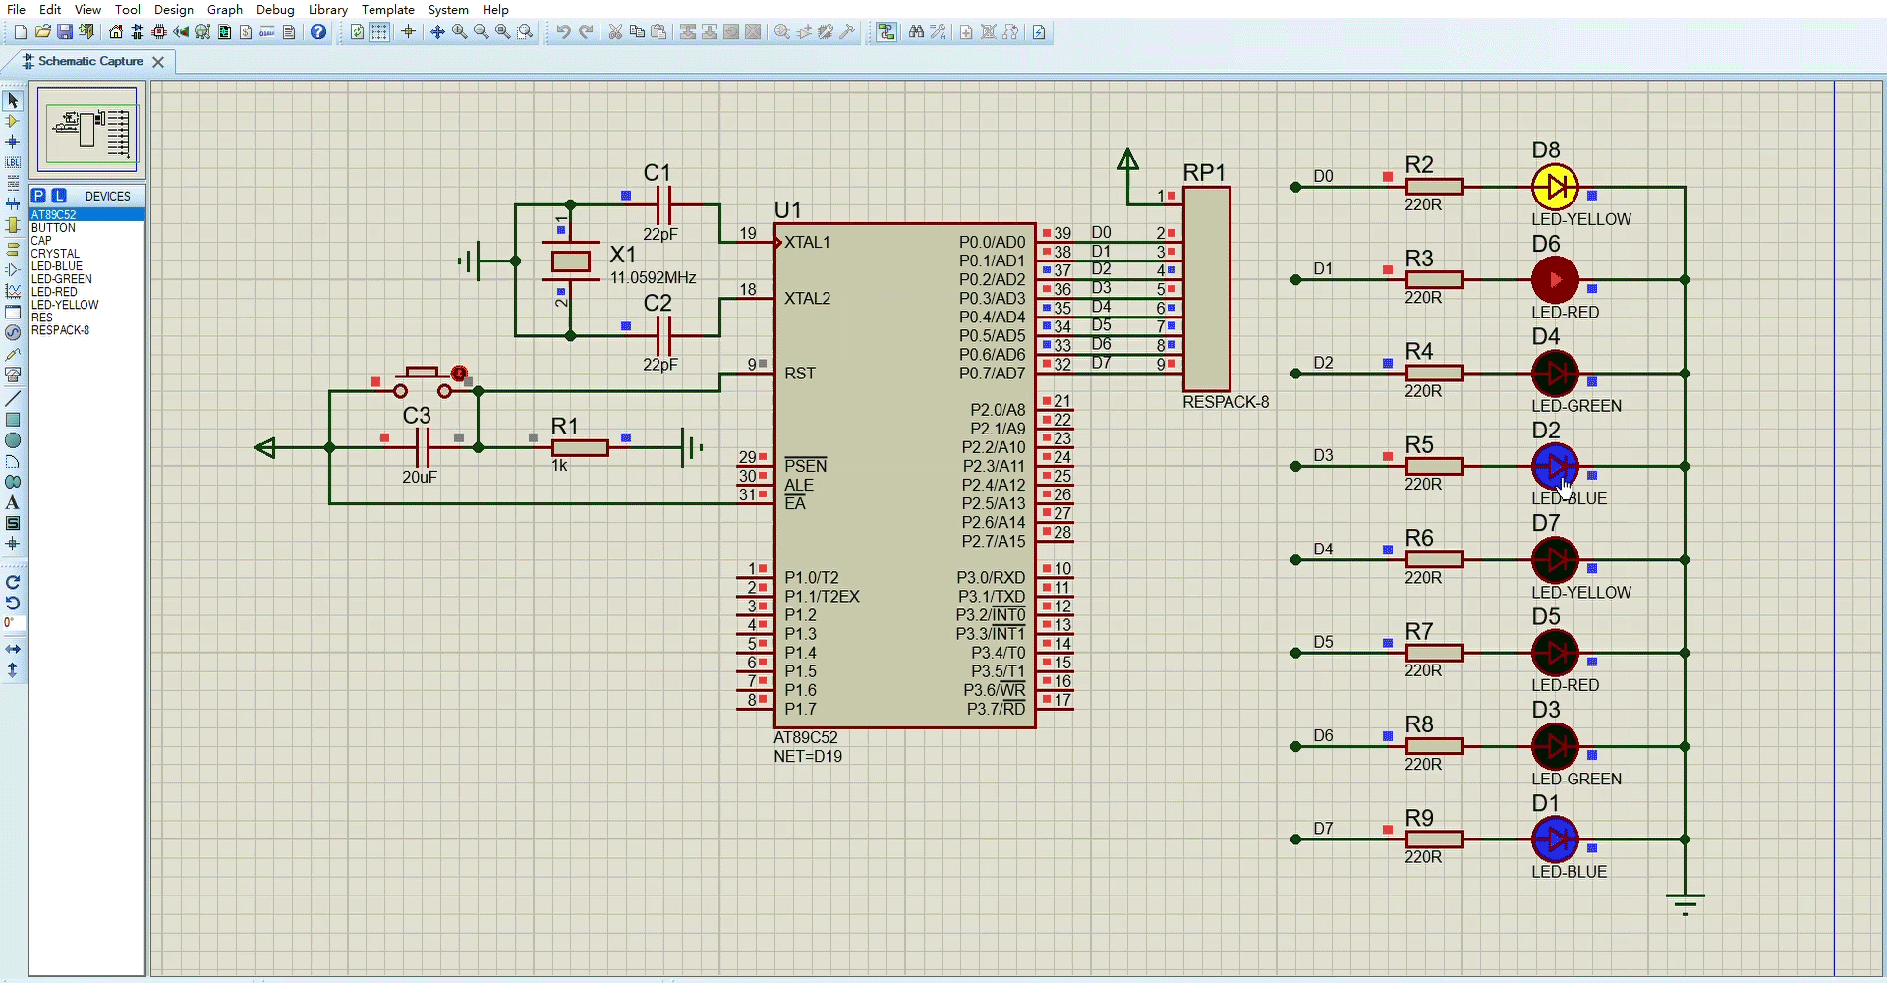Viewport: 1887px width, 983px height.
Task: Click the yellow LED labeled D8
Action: point(1555,187)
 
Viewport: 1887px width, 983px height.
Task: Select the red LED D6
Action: point(1555,280)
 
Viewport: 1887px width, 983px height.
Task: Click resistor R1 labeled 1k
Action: point(580,448)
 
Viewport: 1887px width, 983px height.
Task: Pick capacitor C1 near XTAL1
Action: point(663,205)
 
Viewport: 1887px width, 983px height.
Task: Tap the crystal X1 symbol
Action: point(571,261)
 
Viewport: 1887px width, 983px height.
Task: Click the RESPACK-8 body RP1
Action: point(1207,289)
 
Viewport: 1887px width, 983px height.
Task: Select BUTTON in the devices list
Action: point(53,228)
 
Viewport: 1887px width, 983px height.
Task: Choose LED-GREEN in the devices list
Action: point(62,279)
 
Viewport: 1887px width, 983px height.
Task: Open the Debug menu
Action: point(275,10)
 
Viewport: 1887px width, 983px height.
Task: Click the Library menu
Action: point(328,10)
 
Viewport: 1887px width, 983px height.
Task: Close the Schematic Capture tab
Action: point(158,62)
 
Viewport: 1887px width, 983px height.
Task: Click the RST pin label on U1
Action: point(800,374)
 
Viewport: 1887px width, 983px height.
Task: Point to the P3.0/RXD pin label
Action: point(991,578)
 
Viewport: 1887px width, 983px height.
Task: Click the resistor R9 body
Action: point(1435,839)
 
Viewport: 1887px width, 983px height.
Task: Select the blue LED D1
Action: point(1555,839)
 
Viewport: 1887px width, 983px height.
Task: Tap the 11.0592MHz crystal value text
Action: point(654,278)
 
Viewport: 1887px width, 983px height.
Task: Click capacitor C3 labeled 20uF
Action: point(424,448)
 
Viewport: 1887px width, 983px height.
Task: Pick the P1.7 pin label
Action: point(800,710)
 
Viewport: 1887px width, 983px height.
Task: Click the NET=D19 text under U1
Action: point(808,757)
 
